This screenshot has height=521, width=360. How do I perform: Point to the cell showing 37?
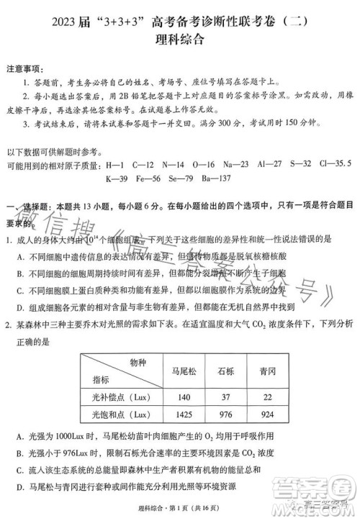[x=229, y=397]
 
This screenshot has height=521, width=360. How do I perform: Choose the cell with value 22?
[x=271, y=397]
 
